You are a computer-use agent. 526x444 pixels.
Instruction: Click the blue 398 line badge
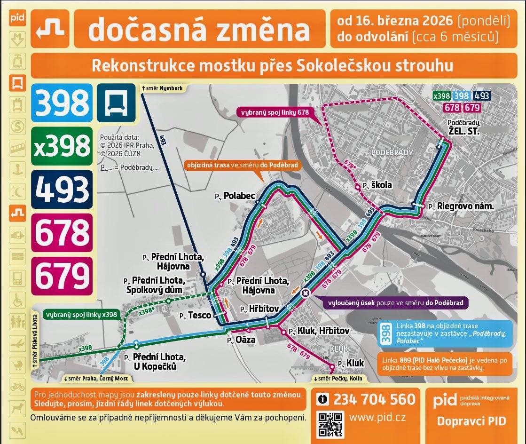point(62,103)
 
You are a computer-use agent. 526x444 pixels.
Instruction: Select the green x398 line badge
point(62,146)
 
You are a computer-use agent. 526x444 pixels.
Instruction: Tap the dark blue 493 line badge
point(62,189)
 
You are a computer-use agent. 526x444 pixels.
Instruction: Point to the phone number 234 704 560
point(374,399)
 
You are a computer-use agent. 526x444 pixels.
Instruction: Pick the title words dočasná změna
point(199,30)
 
